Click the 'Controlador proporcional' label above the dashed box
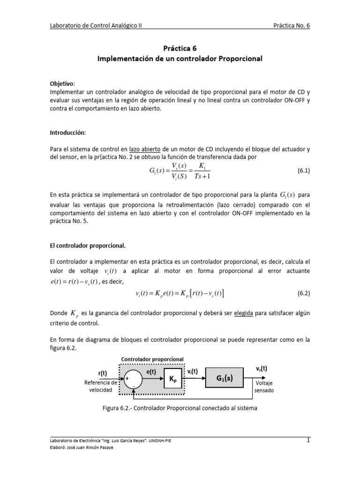tap(152, 359)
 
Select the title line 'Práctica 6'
tap(180, 48)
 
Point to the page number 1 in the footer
tap(308, 440)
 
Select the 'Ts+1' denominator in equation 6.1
tap(202, 177)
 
